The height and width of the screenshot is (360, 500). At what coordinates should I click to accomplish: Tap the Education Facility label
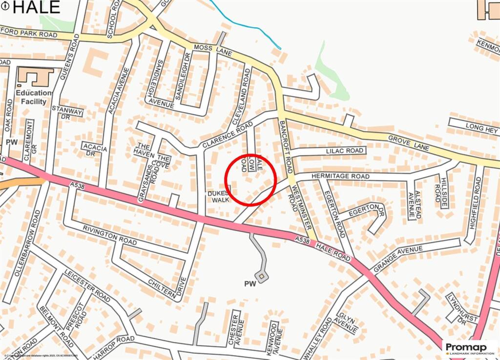34,97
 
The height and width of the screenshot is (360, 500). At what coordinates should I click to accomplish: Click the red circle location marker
250,179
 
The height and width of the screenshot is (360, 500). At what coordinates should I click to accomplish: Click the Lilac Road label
345,151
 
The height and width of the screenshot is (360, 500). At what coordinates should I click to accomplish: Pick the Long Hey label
481,129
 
